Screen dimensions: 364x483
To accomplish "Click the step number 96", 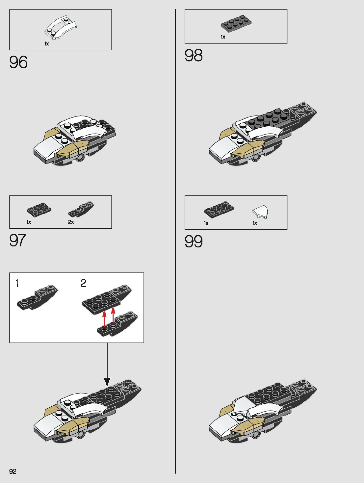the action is tap(18, 62).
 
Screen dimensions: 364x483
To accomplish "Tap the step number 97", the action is tap(18, 241).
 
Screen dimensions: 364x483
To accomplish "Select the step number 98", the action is tap(194, 55).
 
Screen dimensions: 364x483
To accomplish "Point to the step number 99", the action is tap(194, 241).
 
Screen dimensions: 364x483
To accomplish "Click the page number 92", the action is tap(13, 471).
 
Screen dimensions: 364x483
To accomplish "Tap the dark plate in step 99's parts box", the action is tap(219, 209).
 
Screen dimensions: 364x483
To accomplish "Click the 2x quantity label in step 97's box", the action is tap(71, 222).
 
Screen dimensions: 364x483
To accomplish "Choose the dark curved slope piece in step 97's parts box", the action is tap(81, 209).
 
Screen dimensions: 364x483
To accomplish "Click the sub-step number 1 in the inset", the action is tap(17, 283).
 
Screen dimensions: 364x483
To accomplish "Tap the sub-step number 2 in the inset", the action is tap(83, 283).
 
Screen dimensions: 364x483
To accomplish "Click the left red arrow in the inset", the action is tap(105, 318).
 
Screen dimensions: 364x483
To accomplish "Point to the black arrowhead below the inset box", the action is tap(107, 382).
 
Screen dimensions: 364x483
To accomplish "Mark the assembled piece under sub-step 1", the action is tap(37, 298).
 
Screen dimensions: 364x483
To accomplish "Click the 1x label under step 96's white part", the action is tap(47, 44).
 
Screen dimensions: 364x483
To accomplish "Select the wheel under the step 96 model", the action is tap(80, 158).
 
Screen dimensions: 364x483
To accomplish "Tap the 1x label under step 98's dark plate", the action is tap(223, 37).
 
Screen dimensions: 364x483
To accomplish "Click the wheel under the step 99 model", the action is tap(256, 435).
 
